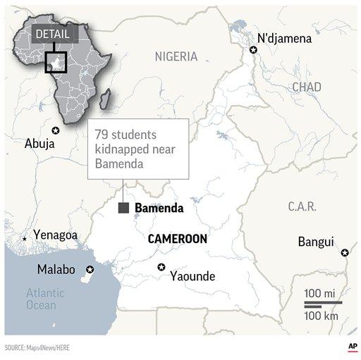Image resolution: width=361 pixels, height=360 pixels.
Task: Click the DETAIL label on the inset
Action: click(51, 34)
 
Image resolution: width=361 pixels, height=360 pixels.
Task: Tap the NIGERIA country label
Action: click(176, 56)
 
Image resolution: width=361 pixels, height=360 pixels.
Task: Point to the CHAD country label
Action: click(305, 87)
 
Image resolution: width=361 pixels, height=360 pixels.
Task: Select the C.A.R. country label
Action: click(302, 206)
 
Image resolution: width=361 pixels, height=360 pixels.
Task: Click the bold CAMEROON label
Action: click(177, 239)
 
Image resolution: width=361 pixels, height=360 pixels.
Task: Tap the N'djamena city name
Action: click(284, 38)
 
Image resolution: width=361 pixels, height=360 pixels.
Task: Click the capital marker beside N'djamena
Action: click(253, 49)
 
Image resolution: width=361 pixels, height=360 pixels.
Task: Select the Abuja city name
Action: click(39, 143)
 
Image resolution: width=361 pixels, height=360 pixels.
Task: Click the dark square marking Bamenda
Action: click(123, 208)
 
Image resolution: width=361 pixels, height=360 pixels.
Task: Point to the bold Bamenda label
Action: click(159, 208)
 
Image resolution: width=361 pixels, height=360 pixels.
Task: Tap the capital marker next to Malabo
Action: click(90, 270)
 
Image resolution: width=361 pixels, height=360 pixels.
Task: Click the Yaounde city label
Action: click(192, 276)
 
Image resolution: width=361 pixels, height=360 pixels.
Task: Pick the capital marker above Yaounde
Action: click(161, 266)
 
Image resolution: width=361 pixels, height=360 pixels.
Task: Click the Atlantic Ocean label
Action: click(45, 299)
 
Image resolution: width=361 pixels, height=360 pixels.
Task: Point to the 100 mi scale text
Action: click(321, 292)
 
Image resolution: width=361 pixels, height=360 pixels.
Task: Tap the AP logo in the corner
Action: click(350, 347)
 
